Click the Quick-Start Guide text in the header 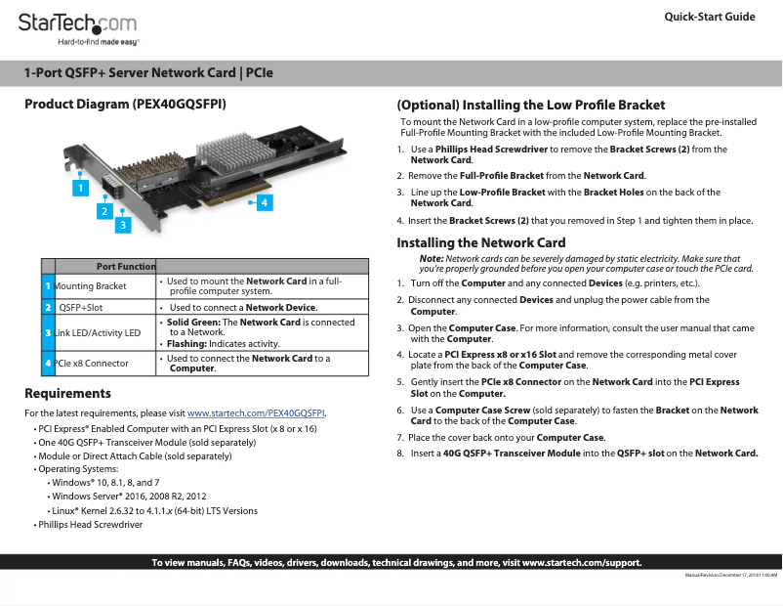click(x=709, y=17)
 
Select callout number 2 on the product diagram click(x=103, y=210)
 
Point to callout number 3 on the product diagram click(x=122, y=226)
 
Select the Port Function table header click(x=126, y=267)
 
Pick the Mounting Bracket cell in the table click(x=91, y=285)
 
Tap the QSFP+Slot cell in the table click(x=81, y=307)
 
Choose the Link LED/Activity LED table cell click(x=97, y=333)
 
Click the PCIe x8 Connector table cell click(x=91, y=364)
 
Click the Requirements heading click(x=67, y=393)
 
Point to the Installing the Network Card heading click(x=480, y=242)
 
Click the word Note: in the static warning click(x=432, y=257)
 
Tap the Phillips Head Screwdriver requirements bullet click(x=90, y=525)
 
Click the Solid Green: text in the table click(x=193, y=322)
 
